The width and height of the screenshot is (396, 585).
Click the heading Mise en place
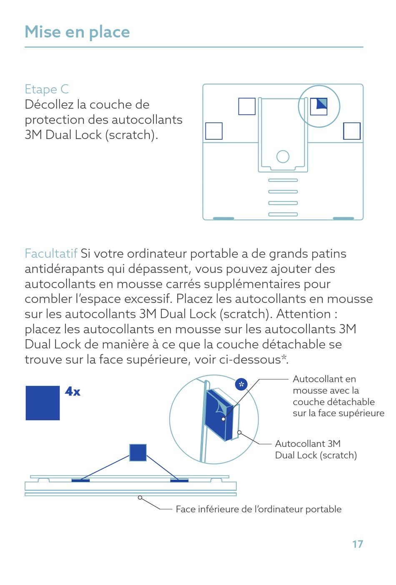click(x=77, y=32)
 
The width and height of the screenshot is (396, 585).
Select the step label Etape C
click(x=46, y=89)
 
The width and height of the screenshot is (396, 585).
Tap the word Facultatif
click(x=51, y=254)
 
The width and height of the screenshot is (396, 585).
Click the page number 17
click(x=357, y=544)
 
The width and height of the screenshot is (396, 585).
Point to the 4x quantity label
click(x=73, y=391)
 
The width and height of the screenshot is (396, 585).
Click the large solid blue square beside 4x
click(x=43, y=403)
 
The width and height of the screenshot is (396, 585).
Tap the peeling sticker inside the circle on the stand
click(x=319, y=106)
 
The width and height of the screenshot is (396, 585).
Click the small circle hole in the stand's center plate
click(x=283, y=156)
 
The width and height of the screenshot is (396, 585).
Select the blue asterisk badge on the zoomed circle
click(x=241, y=384)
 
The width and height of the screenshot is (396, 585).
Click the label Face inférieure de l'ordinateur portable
click(x=258, y=509)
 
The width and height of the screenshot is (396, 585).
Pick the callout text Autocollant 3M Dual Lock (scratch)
click(x=316, y=449)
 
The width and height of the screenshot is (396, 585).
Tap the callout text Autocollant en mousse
click(x=338, y=396)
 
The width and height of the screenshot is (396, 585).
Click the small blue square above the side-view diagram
click(x=138, y=452)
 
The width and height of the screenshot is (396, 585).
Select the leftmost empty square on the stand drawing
click(x=214, y=131)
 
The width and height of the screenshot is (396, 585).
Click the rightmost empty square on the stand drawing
click(x=352, y=131)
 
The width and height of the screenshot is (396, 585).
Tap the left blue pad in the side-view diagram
click(x=80, y=481)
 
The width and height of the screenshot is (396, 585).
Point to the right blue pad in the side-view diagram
click(x=179, y=481)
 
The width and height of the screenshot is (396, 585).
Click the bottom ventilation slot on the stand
click(x=283, y=214)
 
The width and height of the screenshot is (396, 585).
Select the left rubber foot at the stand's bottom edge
click(x=223, y=218)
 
